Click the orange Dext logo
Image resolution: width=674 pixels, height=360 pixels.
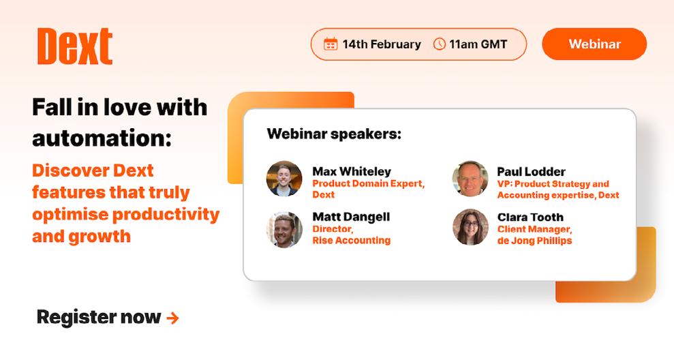point(75,46)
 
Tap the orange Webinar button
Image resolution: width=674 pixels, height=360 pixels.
point(594,44)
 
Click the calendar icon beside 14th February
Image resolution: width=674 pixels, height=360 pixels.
point(331,44)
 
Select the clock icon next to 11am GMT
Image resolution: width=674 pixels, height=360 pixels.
point(439,44)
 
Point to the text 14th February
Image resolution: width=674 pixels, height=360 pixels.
point(382,44)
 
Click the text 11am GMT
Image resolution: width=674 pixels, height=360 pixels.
point(478,44)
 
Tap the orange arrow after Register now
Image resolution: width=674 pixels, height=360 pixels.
point(172,318)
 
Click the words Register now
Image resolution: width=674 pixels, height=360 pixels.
point(98,318)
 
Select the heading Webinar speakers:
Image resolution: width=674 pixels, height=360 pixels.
point(334,134)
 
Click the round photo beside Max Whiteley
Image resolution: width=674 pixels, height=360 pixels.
point(284,179)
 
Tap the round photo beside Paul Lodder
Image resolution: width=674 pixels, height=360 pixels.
point(470,179)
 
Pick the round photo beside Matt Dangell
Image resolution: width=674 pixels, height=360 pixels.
point(284,230)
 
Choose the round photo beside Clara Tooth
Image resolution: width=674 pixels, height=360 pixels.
point(470,227)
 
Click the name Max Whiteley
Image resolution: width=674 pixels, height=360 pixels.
point(352,172)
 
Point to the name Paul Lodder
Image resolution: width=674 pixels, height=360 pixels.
point(532,172)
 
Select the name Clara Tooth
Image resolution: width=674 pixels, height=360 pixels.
point(530,217)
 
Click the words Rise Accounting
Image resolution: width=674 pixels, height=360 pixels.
point(352,241)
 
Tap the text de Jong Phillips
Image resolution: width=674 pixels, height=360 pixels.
point(535,241)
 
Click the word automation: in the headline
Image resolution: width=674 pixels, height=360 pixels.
point(102,138)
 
